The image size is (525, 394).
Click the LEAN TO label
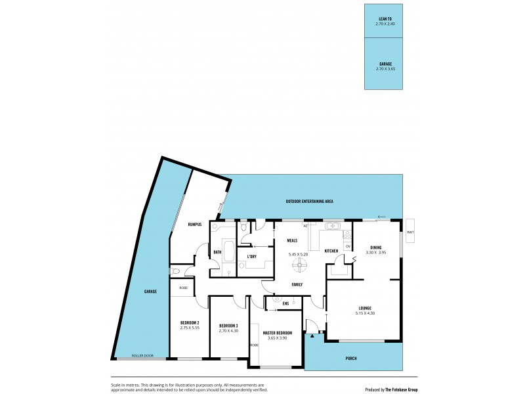click(x=385, y=19)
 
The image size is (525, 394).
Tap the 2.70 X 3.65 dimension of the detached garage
click(x=385, y=68)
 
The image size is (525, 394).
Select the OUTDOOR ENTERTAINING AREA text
click(x=313, y=201)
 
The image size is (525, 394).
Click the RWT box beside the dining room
click(x=410, y=231)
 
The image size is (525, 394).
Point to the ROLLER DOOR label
click(x=141, y=355)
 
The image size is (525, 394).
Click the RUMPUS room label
click(x=194, y=225)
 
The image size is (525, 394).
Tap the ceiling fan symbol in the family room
click(x=301, y=264)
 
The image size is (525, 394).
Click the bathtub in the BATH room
click(x=228, y=252)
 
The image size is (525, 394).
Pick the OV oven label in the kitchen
click(x=348, y=246)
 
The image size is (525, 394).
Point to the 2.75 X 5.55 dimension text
click(x=190, y=328)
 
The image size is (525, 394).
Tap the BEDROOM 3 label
click(x=228, y=326)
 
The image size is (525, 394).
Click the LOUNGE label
click(x=365, y=308)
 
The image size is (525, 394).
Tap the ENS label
click(x=285, y=303)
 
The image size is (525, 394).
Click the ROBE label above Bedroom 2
click(x=183, y=288)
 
